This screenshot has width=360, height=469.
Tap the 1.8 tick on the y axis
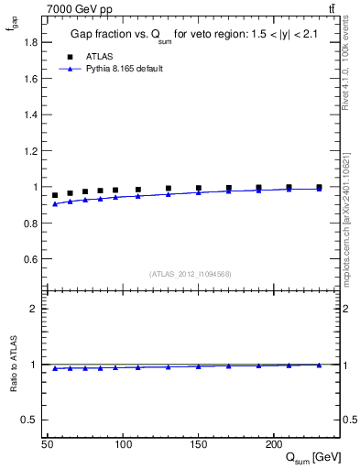click(x=31, y=42)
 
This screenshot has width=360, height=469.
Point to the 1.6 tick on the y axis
click(x=31, y=79)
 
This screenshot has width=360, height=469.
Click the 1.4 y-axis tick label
click(x=31, y=115)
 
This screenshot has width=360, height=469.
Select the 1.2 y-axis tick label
click(x=31, y=151)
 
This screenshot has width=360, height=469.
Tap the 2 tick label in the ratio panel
click(x=35, y=309)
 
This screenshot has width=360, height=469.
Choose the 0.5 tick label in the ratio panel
click(x=31, y=420)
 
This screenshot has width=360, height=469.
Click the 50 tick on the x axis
click(x=48, y=444)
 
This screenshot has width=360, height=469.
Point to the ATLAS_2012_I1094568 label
click(x=191, y=273)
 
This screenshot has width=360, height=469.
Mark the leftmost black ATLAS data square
click(x=55, y=195)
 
